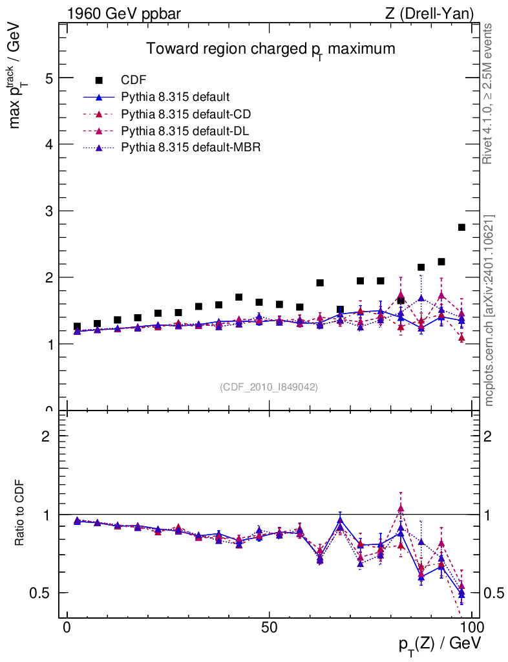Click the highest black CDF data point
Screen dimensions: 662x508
461,227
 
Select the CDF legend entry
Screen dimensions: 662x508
134,80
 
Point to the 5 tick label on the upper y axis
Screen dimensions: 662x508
48,78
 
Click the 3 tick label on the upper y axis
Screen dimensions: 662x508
48,211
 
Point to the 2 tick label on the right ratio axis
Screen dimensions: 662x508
491,436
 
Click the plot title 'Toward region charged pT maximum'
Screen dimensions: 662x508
270,50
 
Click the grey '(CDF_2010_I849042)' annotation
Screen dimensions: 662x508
269,387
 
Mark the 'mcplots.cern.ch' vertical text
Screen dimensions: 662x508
489,310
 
